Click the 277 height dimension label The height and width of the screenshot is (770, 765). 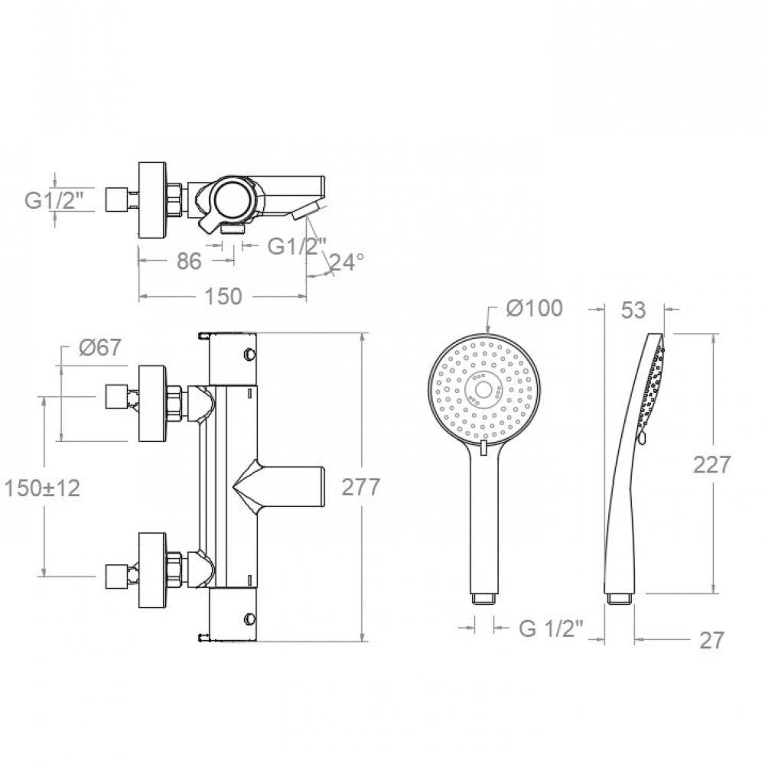pyautogui.click(x=361, y=486)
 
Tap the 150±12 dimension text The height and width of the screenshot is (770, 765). pyautogui.click(x=42, y=488)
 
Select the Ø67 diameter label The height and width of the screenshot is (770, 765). pyautogui.click(x=99, y=348)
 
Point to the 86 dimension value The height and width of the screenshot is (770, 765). pyautogui.click(x=189, y=262)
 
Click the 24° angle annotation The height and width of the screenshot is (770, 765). pyautogui.click(x=347, y=262)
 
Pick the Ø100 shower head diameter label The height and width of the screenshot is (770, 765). pyautogui.click(x=535, y=308)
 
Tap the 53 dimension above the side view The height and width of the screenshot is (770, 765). pyautogui.click(x=633, y=310)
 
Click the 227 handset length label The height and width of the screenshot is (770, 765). pyautogui.click(x=712, y=465)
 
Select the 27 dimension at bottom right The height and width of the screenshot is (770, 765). pyautogui.click(x=711, y=640)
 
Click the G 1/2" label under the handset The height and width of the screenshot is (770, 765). pyautogui.click(x=551, y=629)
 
